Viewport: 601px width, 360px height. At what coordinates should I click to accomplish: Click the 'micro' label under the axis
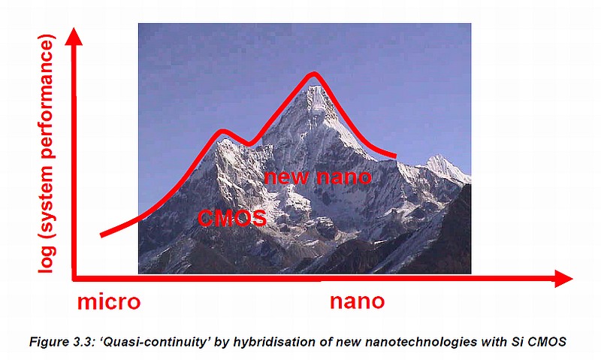click(109, 301)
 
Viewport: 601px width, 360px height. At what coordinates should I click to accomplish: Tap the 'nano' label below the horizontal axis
click(358, 301)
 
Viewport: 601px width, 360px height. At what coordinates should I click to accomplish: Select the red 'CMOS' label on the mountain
click(232, 218)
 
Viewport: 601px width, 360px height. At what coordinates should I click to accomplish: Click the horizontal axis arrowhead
click(563, 278)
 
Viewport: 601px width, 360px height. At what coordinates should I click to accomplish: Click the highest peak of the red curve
click(314, 74)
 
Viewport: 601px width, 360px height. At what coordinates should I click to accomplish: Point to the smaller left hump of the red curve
click(222, 132)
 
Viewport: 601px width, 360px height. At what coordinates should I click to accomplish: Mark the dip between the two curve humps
click(249, 144)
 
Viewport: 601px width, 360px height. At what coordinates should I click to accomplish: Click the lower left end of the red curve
click(101, 234)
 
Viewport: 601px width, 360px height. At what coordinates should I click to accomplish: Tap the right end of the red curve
click(396, 156)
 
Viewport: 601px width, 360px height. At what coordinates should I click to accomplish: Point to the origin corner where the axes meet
click(74, 278)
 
